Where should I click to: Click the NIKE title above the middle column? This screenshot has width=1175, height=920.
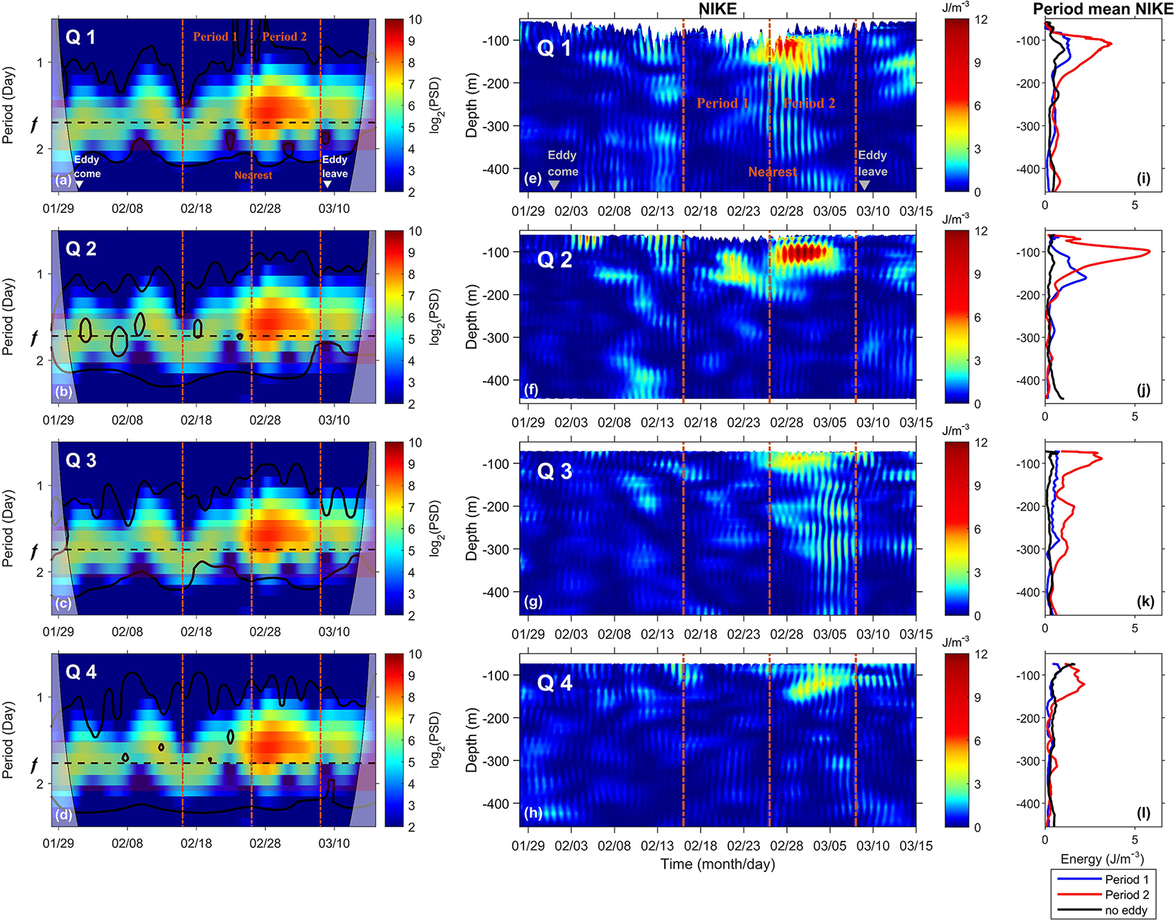[718, 8]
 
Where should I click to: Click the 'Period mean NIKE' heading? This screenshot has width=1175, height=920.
[1103, 8]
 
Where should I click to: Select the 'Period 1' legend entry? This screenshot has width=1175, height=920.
[1126, 880]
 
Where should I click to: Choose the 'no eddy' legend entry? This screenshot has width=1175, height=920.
[1126, 910]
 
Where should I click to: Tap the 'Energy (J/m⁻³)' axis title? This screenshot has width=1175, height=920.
[1102, 859]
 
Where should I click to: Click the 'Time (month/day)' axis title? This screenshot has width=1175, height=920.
[718, 864]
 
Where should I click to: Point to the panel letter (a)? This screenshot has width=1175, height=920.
[63, 180]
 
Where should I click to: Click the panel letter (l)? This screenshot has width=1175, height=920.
[1143, 813]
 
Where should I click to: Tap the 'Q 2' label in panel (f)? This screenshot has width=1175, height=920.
[555, 260]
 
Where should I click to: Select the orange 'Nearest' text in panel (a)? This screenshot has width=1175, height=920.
[253, 176]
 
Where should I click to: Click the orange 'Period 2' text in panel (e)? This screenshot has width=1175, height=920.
[809, 103]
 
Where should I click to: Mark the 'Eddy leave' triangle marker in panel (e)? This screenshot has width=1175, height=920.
[864, 185]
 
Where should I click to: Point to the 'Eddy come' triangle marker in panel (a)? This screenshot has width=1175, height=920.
[79, 185]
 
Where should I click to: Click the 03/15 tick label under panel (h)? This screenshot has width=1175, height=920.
[915, 846]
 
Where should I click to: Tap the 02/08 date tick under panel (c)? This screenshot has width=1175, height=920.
[127, 632]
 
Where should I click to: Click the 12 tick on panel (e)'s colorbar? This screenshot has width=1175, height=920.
[981, 20]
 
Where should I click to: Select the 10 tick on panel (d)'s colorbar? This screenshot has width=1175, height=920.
[415, 654]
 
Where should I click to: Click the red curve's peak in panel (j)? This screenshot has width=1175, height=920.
[1149, 251]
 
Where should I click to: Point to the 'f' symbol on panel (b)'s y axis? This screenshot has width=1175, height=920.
[35, 337]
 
